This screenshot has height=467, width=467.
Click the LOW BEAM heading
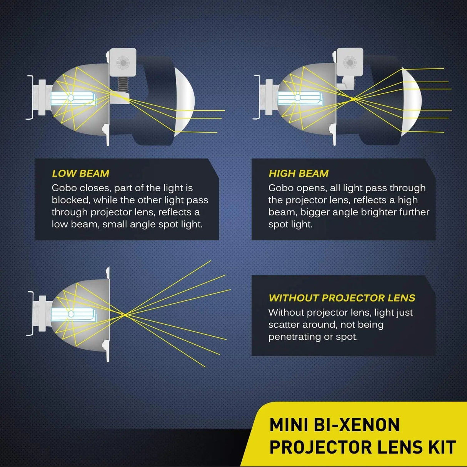pos(80,173)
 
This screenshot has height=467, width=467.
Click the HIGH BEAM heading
pos(299,173)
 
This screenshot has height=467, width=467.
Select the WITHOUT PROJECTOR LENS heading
pos(342,298)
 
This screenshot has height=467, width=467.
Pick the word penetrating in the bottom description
pos(294,337)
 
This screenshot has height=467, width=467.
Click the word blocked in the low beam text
pos(71,200)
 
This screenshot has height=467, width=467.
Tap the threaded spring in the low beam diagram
pos(123,83)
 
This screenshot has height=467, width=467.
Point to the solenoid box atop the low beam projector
pos(123,62)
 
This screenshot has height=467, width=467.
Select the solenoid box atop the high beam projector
pos(350,62)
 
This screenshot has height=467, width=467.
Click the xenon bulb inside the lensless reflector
pos(73,314)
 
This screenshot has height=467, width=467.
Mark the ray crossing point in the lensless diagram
pos(125,315)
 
